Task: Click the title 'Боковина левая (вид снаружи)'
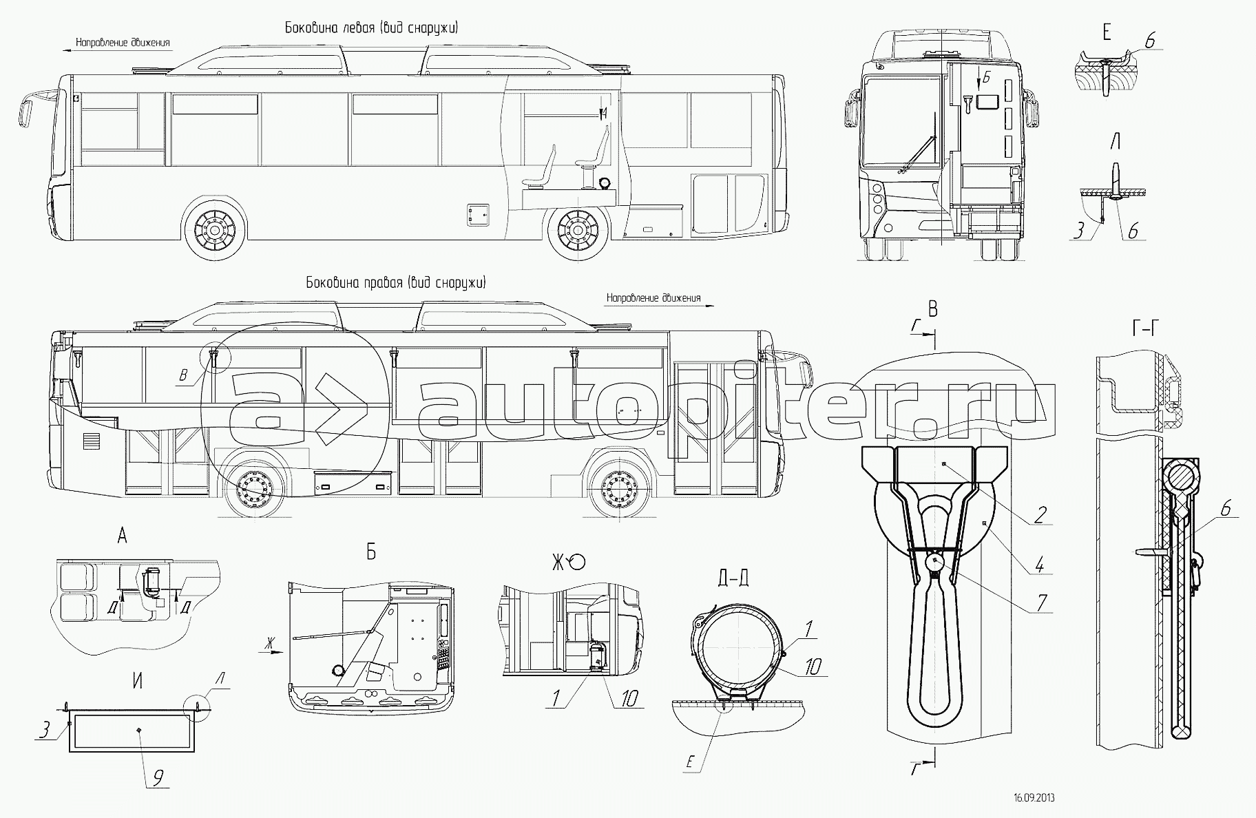click(371, 28)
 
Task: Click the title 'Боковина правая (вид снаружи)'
click(396, 282)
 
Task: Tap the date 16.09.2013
click(1034, 798)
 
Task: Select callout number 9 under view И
click(158, 778)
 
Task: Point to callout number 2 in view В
click(1040, 514)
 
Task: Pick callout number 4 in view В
click(1040, 564)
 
